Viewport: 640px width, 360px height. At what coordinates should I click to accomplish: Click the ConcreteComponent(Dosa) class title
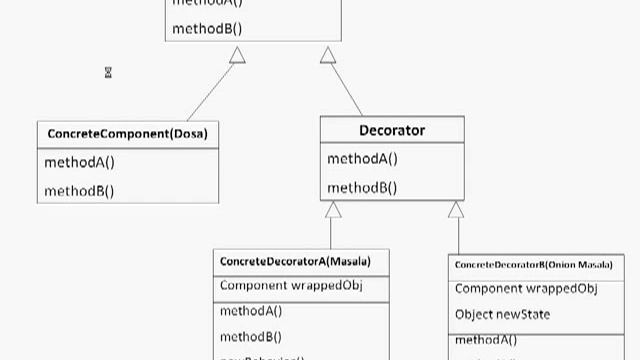tap(127, 133)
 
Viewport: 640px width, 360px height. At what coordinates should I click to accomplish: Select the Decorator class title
tap(392, 131)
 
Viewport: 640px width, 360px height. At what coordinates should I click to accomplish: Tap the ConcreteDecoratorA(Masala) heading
tap(295, 262)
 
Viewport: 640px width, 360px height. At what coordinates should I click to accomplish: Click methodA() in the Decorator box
tap(362, 159)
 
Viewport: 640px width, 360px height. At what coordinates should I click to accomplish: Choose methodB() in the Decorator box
tap(362, 187)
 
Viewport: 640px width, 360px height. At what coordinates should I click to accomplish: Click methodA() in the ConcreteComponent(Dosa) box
tap(79, 162)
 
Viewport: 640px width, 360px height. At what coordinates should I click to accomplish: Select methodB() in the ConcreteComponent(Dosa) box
tap(79, 190)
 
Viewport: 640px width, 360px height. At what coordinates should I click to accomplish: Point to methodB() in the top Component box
tap(207, 28)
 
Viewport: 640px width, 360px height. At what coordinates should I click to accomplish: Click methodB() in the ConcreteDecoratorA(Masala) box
tap(251, 337)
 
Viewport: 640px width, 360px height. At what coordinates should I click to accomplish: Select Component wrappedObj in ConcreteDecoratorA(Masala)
tap(289, 286)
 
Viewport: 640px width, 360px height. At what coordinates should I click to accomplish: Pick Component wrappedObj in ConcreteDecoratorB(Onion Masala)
tap(526, 289)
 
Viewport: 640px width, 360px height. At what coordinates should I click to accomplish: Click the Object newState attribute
tap(502, 315)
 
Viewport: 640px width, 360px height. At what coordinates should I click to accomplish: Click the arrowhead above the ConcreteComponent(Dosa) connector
tap(237, 56)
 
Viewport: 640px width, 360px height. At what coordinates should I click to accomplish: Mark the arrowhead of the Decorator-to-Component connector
tap(328, 56)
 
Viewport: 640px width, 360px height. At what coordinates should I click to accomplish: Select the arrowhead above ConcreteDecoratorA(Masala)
tap(334, 210)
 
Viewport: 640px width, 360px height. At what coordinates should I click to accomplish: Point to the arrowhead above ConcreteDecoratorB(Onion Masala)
tap(456, 210)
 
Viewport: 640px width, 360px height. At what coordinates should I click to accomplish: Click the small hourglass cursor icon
tap(108, 72)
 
